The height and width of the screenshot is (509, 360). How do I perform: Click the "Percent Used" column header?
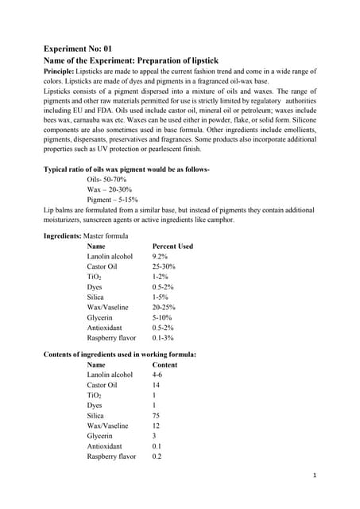pos(172,247)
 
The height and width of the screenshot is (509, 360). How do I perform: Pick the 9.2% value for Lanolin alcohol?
pos(160,257)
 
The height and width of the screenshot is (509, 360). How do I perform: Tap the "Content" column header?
pos(165,365)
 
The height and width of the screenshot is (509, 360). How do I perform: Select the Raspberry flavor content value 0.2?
pos(157,457)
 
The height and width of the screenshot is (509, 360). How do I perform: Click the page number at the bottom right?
pos(315,476)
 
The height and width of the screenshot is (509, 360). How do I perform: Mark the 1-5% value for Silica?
pos(161,297)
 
